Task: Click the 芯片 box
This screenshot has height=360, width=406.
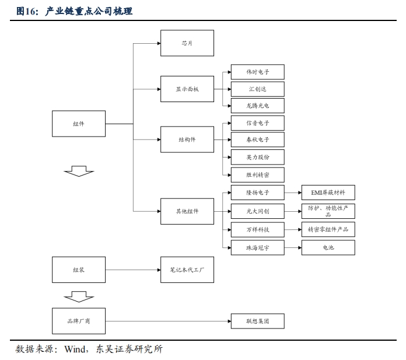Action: pyautogui.click(x=187, y=43)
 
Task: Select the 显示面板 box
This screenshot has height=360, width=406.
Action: pyautogui.click(x=187, y=89)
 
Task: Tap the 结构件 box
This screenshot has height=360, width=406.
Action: pyautogui.click(x=187, y=140)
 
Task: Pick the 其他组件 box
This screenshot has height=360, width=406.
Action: pyautogui.click(x=187, y=211)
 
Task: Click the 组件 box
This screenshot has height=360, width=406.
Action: pyautogui.click(x=79, y=124)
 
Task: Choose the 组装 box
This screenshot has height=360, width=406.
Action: pyautogui.click(x=79, y=270)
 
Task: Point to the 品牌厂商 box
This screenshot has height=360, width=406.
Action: pyautogui.click(x=79, y=321)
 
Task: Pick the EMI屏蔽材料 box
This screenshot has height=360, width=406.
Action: pyautogui.click(x=328, y=192)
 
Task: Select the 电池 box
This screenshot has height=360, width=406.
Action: pyautogui.click(x=328, y=248)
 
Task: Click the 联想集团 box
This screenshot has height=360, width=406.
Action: pyautogui.click(x=257, y=321)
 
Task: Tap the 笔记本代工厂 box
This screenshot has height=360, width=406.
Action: pyautogui.click(x=187, y=270)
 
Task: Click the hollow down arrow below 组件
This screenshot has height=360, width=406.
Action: pyautogui.click(x=79, y=171)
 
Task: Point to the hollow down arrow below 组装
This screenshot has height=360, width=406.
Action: pyautogui.click(x=79, y=297)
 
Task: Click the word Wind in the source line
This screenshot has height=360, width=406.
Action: pyautogui.click(x=75, y=349)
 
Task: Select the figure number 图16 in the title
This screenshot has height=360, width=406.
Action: pyautogui.click(x=27, y=11)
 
